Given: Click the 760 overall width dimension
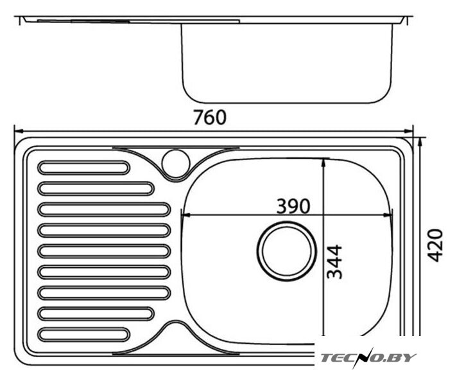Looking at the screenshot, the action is tap(210, 118).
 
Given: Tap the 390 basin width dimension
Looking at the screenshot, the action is tap(293, 206).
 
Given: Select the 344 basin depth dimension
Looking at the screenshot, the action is tap(334, 261).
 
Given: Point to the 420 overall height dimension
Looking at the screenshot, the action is tap(435, 245).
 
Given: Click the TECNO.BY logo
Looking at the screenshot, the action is tap(368, 358).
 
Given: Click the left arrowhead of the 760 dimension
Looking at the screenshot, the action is tap(18, 131).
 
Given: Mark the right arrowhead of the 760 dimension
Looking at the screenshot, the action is tap(409, 131).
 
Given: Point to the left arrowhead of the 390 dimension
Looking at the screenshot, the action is tap(185, 215).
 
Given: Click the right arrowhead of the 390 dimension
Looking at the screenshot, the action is tap(388, 215).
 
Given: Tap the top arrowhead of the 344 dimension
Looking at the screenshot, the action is tap(323, 162).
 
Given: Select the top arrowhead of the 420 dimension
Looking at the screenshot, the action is tap(419, 142).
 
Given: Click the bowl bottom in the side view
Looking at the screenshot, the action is tap(287, 102).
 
